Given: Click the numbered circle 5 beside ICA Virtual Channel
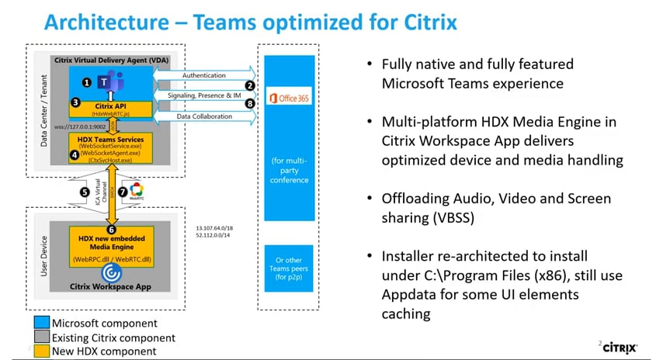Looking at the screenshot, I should click(x=85, y=191).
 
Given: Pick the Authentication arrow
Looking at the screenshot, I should click(x=204, y=75).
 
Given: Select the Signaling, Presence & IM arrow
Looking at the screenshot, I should click(x=204, y=95).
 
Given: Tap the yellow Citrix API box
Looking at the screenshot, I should click(x=112, y=108).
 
